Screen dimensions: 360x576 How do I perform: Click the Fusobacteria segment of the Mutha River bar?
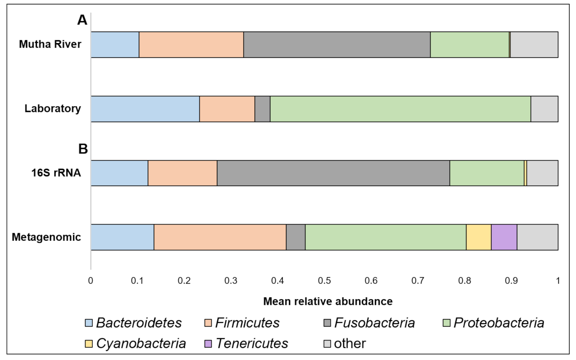click(337, 45)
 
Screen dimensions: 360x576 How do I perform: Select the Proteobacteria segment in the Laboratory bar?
click(400, 109)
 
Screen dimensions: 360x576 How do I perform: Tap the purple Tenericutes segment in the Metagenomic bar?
click(504, 237)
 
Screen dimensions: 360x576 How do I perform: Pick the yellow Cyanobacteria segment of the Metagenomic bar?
click(478, 237)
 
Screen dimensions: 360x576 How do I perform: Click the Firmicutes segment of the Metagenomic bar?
click(220, 237)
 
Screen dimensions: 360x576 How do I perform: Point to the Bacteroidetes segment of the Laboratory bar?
click(145, 109)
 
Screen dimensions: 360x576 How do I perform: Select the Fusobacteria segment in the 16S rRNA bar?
click(333, 173)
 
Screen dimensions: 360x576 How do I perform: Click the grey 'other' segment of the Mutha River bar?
click(534, 45)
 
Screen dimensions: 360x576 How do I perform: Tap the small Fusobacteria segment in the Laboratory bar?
click(262, 109)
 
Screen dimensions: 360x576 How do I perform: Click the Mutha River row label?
click(50, 44)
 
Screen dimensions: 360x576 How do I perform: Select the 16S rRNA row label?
click(56, 173)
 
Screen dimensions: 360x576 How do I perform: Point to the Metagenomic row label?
click(46, 237)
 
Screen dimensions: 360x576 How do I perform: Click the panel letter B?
click(83, 149)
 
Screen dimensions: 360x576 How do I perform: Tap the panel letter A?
click(82, 20)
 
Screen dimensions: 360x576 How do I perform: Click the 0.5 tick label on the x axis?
click(324, 280)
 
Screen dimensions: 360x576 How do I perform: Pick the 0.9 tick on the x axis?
click(511, 280)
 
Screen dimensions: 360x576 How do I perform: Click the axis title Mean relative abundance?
click(328, 301)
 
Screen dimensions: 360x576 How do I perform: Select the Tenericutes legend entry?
click(246, 343)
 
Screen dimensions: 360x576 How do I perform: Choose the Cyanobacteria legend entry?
click(135, 343)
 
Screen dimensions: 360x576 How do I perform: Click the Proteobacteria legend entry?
click(493, 323)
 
